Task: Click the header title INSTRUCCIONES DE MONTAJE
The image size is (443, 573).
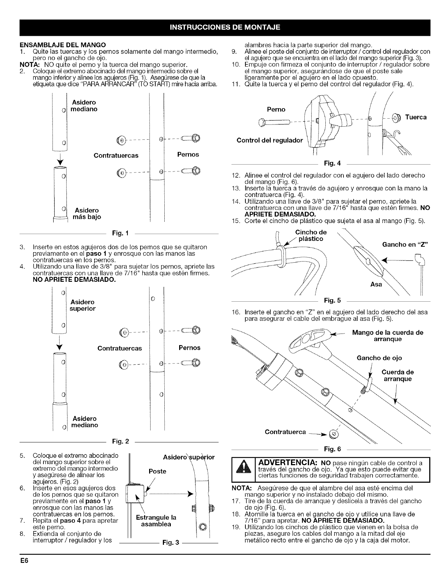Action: click(221, 27)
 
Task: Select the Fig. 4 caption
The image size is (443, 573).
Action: click(330, 163)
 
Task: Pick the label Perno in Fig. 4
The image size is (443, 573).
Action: click(276, 109)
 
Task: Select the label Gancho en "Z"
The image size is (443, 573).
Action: click(405, 244)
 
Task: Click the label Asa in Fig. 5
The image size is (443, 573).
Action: click(376, 285)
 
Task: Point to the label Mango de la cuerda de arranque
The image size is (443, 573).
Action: click(388, 336)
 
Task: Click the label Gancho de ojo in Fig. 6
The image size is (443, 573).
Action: click(379, 358)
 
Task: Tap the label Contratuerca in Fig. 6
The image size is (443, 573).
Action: click(286, 432)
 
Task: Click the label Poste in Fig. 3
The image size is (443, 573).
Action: click(157, 471)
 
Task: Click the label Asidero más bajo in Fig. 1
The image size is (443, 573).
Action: click(87, 213)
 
